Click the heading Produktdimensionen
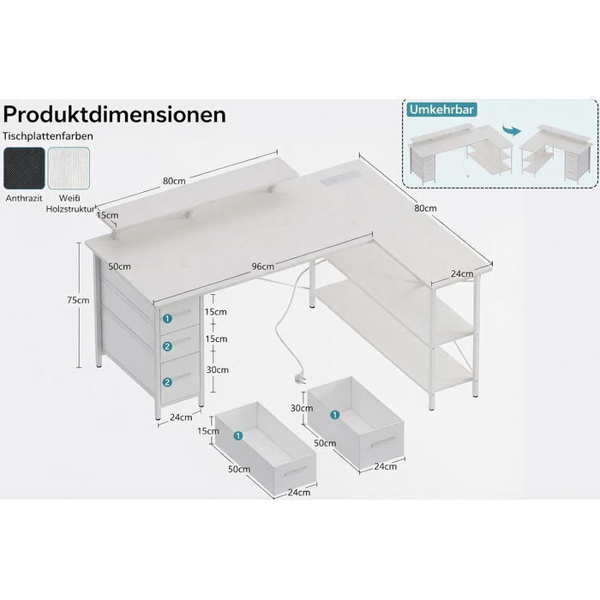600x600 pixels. pos(114,114)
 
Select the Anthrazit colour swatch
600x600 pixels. pos(24,168)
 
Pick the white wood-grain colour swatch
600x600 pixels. pos(69,168)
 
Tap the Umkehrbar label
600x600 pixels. pos(441,110)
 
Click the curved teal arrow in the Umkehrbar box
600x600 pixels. pos(512,130)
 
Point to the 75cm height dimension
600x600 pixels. pos(78,300)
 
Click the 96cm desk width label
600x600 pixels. pos(263,267)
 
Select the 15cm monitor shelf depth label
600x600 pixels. pos(107,215)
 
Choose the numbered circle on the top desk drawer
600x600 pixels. pos(167,318)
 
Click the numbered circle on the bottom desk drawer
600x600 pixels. pos(167,382)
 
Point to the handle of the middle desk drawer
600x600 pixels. pos(183,340)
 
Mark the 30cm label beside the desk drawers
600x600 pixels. pos(218,369)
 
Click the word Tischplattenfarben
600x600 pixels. pos(48,136)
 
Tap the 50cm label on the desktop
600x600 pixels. pos(119,267)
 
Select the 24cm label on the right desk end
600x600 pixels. pos(462,274)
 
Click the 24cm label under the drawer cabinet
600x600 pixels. pos(181,417)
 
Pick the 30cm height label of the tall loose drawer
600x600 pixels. pos(302,408)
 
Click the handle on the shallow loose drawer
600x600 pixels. pos(296,471)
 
